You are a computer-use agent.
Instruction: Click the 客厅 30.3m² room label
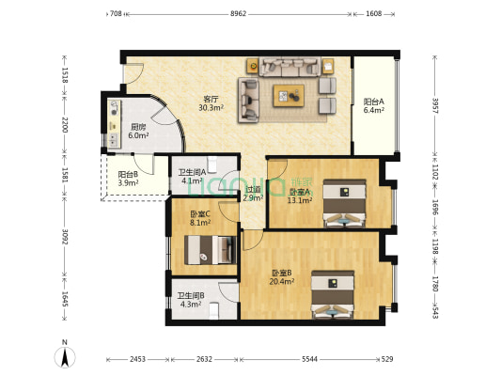[x=211, y=103]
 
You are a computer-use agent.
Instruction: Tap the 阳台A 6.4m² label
[x=374, y=105]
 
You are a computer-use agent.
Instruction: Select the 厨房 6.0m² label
[x=138, y=131]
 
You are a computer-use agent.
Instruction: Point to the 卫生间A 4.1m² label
[x=192, y=177]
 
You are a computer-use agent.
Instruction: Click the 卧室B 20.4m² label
[x=282, y=277]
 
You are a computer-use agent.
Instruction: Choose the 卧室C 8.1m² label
[x=200, y=218]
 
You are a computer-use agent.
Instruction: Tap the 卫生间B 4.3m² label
[x=191, y=300]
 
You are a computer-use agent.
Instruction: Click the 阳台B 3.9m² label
[x=128, y=179]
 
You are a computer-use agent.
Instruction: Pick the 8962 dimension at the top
[x=239, y=14]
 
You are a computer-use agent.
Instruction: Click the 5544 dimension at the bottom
[x=309, y=359]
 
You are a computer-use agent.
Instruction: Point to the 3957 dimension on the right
[x=435, y=105]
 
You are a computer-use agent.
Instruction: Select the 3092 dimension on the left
[x=65, y=237]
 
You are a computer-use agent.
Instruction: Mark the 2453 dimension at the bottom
[x=138, y=359]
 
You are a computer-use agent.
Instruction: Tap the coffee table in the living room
[x=289, y=96]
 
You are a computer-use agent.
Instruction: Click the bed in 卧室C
[x=211, y=250]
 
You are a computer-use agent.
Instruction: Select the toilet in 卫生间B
[x=213, y=311]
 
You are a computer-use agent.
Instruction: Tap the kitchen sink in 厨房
[x=113, y=138]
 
